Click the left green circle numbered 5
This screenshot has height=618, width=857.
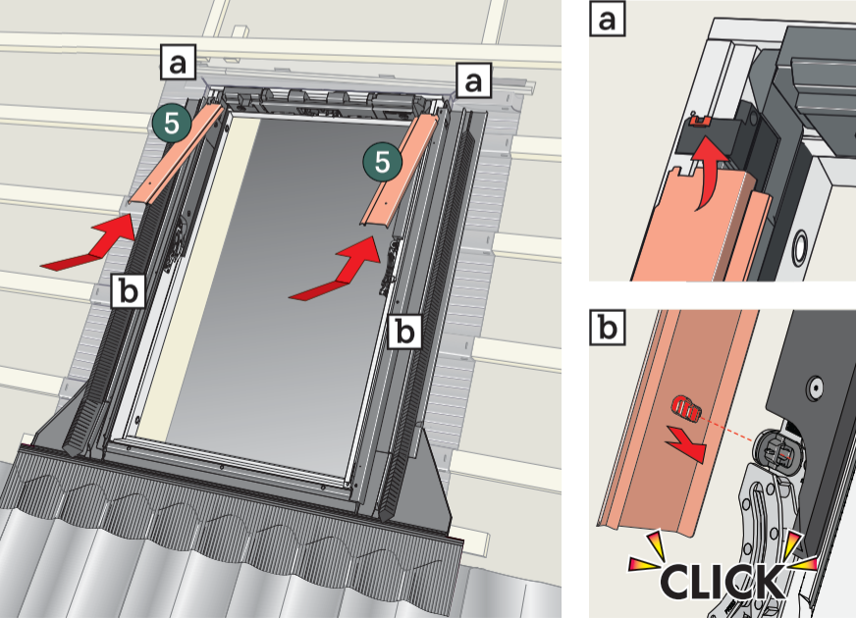point(172,124)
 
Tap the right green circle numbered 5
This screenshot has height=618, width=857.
point(383,162)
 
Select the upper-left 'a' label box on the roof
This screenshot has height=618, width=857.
point(178,63)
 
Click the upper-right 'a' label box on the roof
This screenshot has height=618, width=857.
point(473,79)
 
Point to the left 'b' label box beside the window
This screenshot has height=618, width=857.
point(129,290)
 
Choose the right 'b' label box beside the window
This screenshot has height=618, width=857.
point(405,331)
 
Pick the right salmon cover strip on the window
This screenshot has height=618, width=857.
point(399,171)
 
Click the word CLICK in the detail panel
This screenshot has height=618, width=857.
point(723,581)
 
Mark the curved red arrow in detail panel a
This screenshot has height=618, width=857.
point(709,174)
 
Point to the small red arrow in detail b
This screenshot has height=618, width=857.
point(687,443)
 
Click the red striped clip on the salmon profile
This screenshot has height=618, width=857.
point(687,408)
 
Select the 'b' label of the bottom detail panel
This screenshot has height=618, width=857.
point(608,328)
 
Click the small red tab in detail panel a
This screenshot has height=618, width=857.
point(697,119)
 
